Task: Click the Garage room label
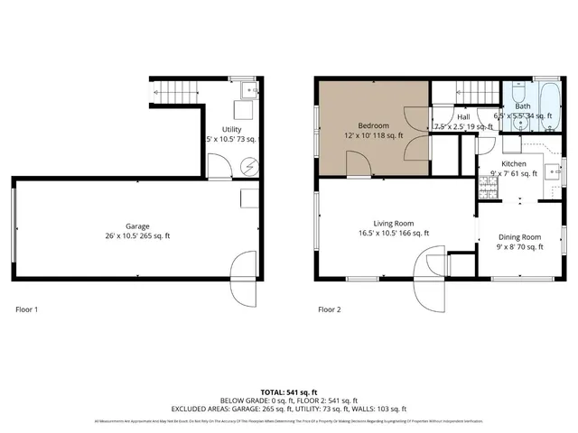137,226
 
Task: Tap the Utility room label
232,130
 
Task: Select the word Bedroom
373,125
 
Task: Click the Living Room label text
394,223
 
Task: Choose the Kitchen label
514,164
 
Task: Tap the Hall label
463,117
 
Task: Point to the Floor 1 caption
27,309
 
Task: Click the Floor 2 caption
330,309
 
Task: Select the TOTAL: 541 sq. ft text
289,392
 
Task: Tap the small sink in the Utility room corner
247,88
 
